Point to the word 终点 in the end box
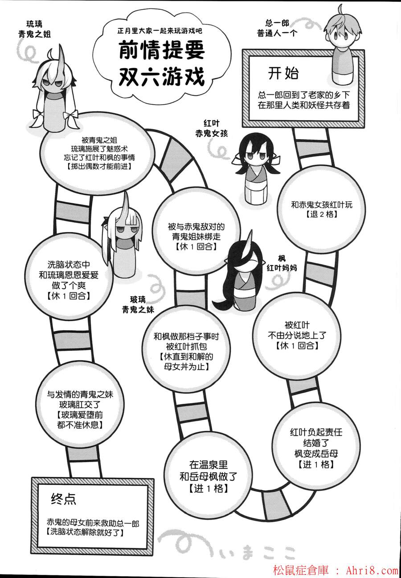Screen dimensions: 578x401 click(63, 499)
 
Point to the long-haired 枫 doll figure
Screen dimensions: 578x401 click(243, 276)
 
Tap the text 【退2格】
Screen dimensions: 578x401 click(322, 214)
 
